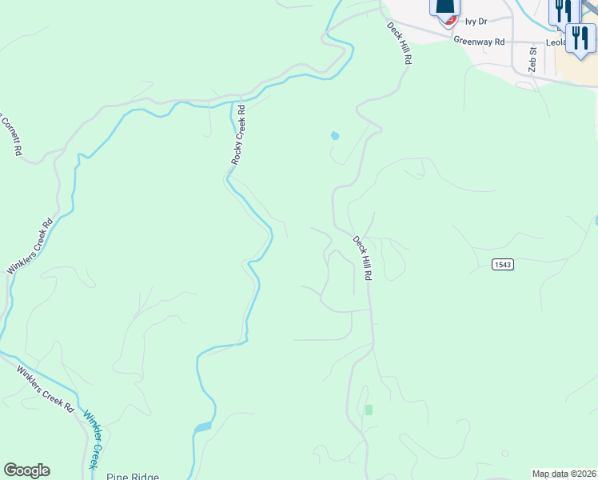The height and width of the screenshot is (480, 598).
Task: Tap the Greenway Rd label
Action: pyautogui.click(x=479, y=41)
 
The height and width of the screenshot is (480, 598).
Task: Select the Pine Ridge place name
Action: pyautogui.click(x=133, y=476)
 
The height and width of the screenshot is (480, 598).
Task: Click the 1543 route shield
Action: pyautogui.click(x=502, y=265)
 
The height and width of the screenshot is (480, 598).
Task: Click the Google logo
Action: pyautogui.click(x=26, y=470)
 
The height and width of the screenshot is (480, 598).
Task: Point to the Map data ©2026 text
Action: pyautogui.click(x=564, y=474)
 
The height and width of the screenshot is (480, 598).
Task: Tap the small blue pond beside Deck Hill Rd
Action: pyautogui.click(x=334, y=136)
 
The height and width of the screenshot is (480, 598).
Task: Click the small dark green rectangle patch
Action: pyautogui.click(x=369, y=410)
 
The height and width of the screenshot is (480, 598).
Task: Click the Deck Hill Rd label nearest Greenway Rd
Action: pyautogui.click(x=399, y=42)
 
